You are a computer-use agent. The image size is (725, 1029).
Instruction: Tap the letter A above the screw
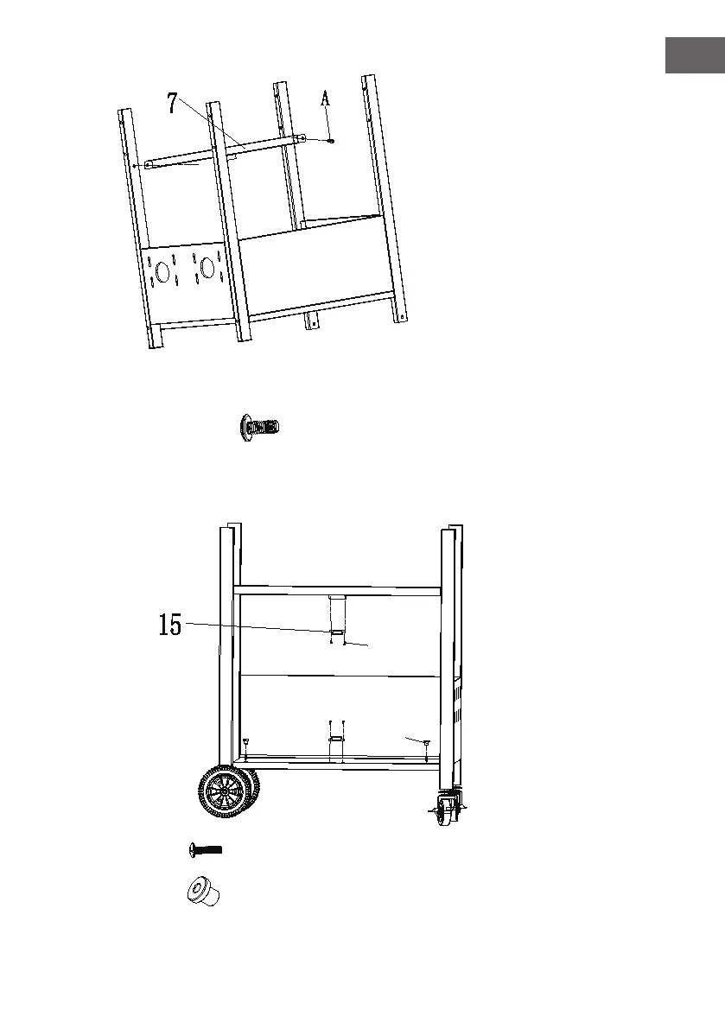[x=326, y=99]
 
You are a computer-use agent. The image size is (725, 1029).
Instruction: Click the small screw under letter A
[x=331, y=140]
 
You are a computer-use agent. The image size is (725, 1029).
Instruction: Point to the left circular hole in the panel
[x=162, y=271]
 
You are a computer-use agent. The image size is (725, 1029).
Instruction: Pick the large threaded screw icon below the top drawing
[x=260, y=426]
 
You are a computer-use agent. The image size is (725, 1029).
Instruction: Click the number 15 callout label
[x=170, y=625]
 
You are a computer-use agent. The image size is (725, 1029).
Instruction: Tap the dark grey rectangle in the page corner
[x=694, y=55]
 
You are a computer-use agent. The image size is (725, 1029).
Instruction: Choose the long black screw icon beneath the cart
[x=206, y=850]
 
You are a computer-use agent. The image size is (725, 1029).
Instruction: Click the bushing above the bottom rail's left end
[x=245, y=740]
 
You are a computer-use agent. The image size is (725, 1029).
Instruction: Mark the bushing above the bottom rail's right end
[x=426, y=741]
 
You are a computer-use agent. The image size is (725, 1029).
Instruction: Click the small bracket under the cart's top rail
[x=337, y=598]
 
